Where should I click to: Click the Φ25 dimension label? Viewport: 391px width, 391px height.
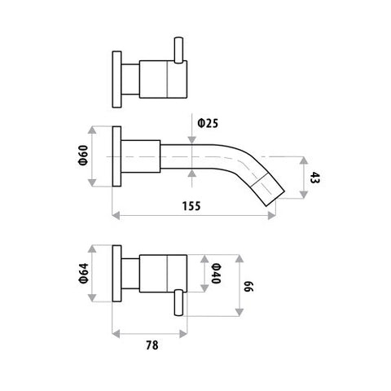[208, 124]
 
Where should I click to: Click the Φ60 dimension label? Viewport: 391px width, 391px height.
[83, 156]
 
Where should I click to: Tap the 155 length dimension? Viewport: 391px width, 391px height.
[191, 206]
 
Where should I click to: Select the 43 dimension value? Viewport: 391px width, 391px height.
[314, 178]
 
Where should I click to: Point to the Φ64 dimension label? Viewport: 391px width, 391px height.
[84, 274]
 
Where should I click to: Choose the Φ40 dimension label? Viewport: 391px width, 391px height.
[215, 274]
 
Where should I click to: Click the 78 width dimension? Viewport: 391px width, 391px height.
[152, 345]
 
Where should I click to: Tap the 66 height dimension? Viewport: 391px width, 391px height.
[248, 287]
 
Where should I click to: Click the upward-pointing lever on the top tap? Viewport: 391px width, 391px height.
[178, 51]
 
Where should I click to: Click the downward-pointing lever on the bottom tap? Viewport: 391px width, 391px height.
[178, 303]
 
